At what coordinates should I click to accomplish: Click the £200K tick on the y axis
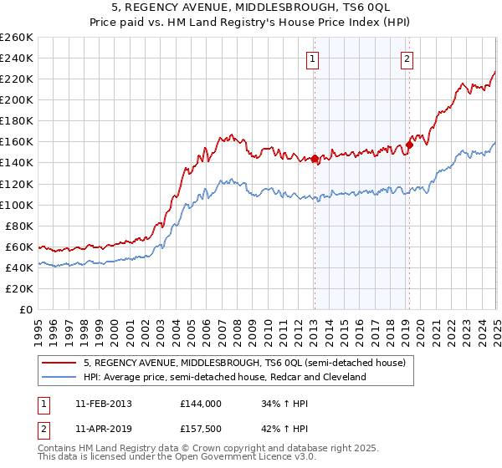[x=18, y=99]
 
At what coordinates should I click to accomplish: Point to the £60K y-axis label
[x=21, y=247]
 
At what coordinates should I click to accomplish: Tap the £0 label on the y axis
[x=27, y=309]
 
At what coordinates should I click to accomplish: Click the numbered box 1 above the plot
[x=312, y=59]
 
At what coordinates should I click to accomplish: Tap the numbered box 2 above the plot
[x=407, y=59]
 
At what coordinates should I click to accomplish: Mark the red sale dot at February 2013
[x=315, y=158]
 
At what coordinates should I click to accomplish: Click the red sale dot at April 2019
[x=409, y=144]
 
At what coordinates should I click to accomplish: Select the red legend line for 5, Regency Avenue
[x=60, y=363]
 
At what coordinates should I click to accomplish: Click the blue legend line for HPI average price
[x=60, y=377]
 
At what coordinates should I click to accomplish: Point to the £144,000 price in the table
[x=200, y=403]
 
